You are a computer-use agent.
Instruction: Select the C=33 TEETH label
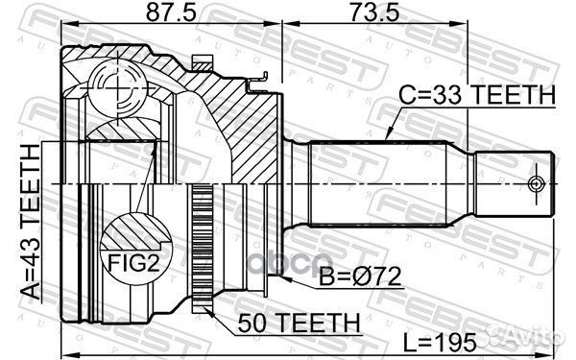point(478,95)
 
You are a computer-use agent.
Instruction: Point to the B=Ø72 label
point(358,279)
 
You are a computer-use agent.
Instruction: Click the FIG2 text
point(127,260)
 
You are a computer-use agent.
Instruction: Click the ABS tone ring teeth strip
point(202,249)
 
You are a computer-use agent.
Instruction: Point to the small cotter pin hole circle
point(536,181)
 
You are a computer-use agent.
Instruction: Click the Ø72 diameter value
point(373,279)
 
